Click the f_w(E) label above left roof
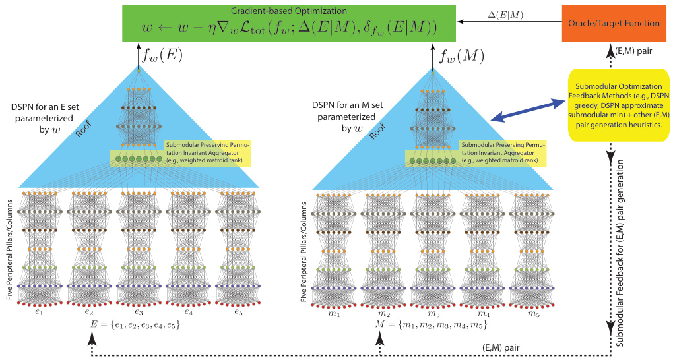point(160,55)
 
